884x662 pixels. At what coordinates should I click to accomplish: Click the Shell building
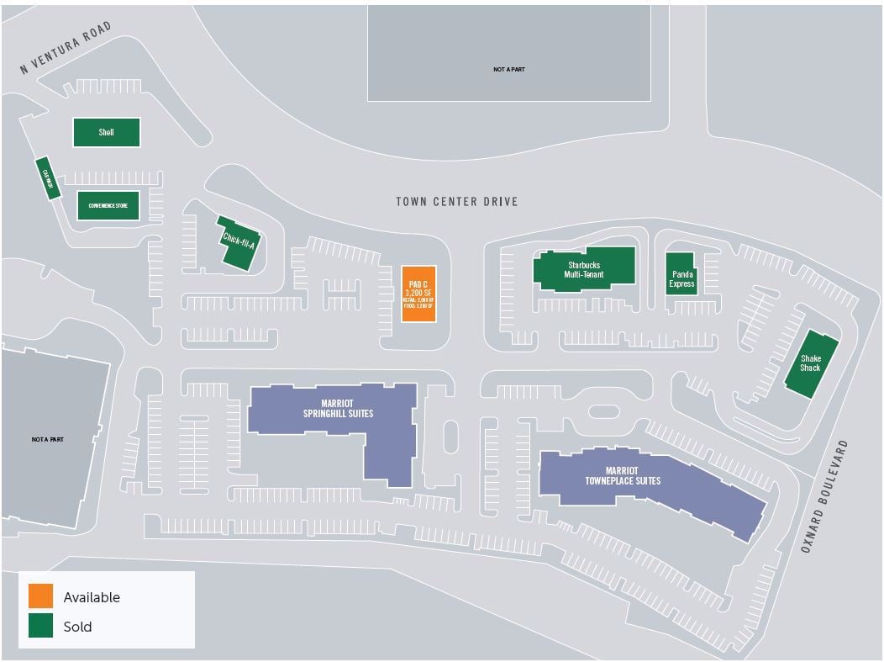click(106, 132)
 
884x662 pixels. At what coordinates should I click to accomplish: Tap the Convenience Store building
click(108, 205)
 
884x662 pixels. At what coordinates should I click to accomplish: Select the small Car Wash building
click(47, 178)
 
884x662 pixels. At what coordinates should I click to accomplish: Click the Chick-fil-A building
click(239, 244)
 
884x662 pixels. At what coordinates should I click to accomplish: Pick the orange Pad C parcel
click(418, 294)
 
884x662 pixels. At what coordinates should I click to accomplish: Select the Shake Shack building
click(811, 363)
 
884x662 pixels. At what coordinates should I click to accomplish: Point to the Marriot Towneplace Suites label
click(623, 476)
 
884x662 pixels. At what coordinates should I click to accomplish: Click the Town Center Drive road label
click(456, 202)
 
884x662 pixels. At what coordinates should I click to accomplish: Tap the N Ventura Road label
click(66, 49)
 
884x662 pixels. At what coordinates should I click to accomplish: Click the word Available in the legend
click(92, 597)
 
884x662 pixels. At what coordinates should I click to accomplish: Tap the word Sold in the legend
click(78, 627)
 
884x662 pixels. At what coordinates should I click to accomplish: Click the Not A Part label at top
click(508, 69)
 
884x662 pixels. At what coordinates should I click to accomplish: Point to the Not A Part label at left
click(48, 439)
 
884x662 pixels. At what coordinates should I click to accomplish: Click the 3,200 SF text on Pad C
click(418, 292)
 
